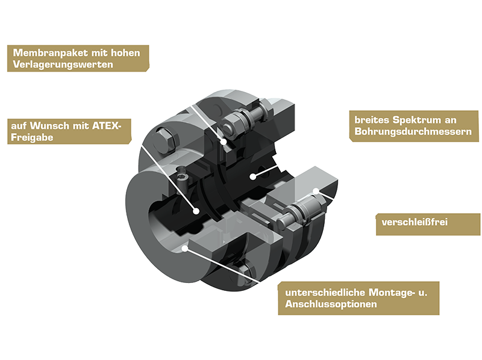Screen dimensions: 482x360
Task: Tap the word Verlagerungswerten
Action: pyautogui.click(x=63, y=64)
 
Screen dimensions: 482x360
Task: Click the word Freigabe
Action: pyautogui.click(x=32, y=137)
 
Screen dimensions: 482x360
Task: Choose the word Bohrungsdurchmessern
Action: pyautogui.click(x=413, y=131)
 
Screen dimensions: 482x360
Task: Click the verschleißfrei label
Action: pyautogui.click(x=415, y=222)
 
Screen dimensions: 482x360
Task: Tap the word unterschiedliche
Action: pyautogui.click(x=325, y=293)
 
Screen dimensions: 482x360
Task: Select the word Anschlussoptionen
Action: pyautogui.click(x=331, y=304)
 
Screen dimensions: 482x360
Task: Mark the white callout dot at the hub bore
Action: pyautogui.click(x=195, y=211)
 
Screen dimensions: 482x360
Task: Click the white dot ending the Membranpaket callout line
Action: pyautogui.click(x=224, y=141)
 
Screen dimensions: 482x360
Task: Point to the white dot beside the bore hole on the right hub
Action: pyautogui.click(x=252, y=176)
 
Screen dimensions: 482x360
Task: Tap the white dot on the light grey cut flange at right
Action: pyautogui.click(x=316, y=191)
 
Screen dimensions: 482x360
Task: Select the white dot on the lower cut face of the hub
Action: pyautogui.click(x=185, y=248)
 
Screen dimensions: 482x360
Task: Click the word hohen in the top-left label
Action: pyautogui.click(x=125, y=53)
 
